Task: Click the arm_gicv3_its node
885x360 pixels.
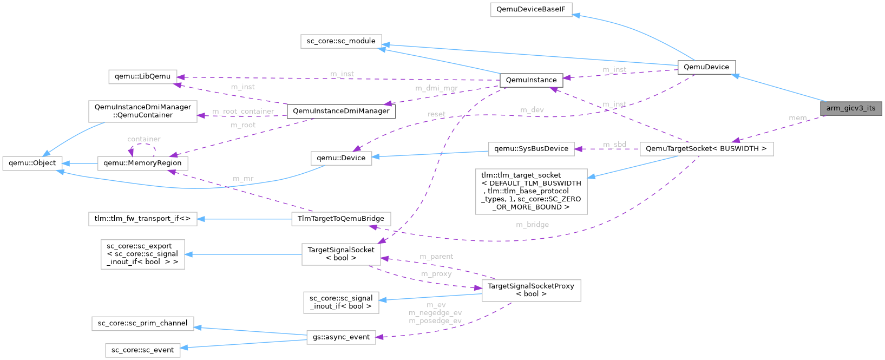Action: [x=850, y=108]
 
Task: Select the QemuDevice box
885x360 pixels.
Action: [x=706, y=67]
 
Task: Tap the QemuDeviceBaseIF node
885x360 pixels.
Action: [x=531, y=10]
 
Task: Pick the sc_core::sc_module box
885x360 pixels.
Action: [x=341, y=41]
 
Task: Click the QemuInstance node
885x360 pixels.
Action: [x=530, y=80]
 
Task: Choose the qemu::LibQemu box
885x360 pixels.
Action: [x=143, y=76]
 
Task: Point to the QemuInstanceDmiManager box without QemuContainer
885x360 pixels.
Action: [x=341, y=111]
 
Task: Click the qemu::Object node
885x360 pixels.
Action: [x=32, y=162]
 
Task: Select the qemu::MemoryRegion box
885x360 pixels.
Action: [x=143, y=163]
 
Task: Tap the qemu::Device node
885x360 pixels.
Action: [x=341, y=158]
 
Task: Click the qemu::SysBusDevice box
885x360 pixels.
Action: [x=531, y=149]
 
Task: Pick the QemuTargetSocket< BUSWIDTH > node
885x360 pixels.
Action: [x=706, y=149]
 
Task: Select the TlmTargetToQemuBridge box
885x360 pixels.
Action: [x=341, y=219]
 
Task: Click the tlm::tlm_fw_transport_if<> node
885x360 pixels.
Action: [x=142, y=219]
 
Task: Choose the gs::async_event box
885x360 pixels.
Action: [x=341, y=337]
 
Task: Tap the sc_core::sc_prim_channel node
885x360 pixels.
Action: [x=142, y=324]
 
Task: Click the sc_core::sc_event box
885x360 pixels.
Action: [x=142, y=350]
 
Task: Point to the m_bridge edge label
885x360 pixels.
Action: [x=532, y=225]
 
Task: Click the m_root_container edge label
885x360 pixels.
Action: [x=243, y=112]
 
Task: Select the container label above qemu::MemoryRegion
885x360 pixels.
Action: [x=143, y=139]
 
